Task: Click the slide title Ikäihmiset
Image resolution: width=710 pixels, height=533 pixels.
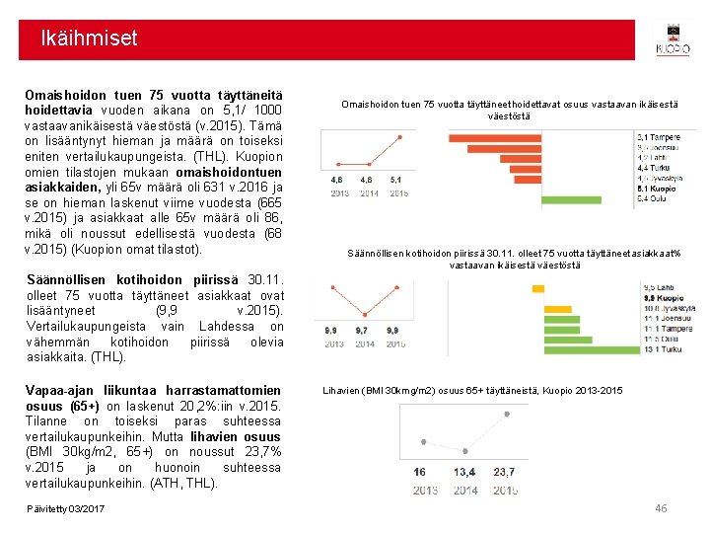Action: click(90, 39)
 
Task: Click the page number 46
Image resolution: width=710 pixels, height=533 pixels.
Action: click(662, 507)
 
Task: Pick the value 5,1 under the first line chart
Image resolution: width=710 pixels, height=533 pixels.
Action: click(396, 181)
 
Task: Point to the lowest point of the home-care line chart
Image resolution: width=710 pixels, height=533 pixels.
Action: click(366, 312)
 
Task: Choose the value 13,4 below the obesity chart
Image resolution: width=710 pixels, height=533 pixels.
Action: click(464, 473)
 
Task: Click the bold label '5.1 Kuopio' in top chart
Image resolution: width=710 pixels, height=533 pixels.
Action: click(657, 189)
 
